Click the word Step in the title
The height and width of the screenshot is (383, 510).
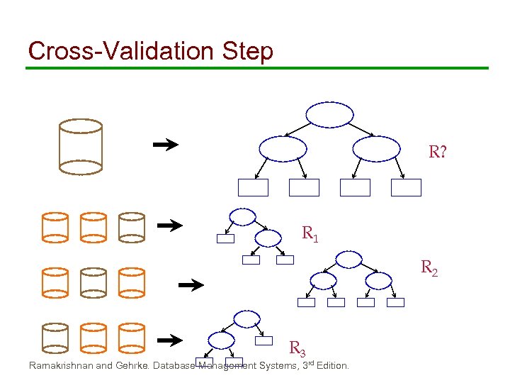pyautogui.click(x=246, y=52)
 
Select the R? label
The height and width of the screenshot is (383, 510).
pyautogui.click(x=437, y=152)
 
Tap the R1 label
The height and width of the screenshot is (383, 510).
pyautogui.click(x=310, y=233)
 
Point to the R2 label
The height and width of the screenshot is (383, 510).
pyautogui.click(x=429, y=268)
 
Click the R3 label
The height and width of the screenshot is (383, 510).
pyautogui.click(x=297, y=348)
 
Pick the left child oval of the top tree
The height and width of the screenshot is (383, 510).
pyautogui.click(x=283, y=148)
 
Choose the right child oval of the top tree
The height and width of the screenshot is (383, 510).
pyautogui.click(x=376, y=148)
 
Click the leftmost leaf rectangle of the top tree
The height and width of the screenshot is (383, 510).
pyautogui.click(x=253, y=187)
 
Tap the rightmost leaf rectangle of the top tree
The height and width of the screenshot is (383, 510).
pyautogui.click(x=406, y=187)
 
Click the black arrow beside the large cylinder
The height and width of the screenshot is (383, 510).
pyautogui.click(x=166, y=145)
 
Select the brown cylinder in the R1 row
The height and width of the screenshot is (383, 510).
pyautogui.click(x=131, y=226)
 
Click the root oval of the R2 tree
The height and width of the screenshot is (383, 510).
pyautogui.click(x=348, y=260)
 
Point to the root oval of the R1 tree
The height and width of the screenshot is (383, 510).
pyautogui.click(x=244, y=216)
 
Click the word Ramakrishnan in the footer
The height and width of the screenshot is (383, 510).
pyautogui.click(x=59, y=366)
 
